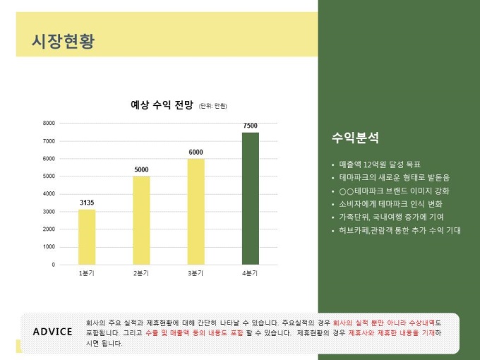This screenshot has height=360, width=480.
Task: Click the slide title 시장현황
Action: pos(63,42)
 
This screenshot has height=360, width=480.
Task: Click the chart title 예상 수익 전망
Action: pos(162,105)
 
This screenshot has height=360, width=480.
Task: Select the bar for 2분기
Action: pos(141,220)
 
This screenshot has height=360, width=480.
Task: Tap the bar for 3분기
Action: pos(196,211)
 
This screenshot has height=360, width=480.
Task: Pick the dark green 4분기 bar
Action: pos(250,198)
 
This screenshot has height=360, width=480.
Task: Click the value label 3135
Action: pos(87,203)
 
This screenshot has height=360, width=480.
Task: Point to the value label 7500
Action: pos(250,126)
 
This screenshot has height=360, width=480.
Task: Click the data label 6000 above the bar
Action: pos(196,152)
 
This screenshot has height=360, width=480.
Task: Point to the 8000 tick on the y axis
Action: pos(49,124)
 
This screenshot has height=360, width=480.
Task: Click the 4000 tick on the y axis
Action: pos(49,194)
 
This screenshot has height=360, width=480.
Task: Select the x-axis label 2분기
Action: pos(141,273)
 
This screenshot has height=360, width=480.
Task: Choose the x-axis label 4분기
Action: pos(250,273)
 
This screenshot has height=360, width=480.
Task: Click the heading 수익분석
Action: pos(355,137)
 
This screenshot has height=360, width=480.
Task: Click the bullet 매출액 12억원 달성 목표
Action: pos(379,164)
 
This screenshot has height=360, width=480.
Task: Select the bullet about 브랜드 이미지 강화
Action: pos(394,191)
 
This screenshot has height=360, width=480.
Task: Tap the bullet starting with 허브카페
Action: pos(400,230)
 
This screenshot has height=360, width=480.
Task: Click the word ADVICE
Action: pos(52,332)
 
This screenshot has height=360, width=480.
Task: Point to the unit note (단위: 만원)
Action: pos(212,106)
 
